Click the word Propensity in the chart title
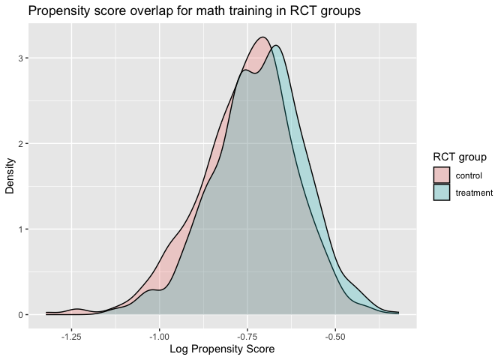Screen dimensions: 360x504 [63, 11]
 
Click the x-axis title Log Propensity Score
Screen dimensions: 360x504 [222, 349]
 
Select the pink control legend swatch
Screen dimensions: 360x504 [442, 175]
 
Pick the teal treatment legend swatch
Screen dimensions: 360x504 [442, 192]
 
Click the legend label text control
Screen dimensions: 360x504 [469, 175]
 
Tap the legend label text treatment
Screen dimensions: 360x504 [474, 192]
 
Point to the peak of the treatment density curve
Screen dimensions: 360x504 [277, 46]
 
